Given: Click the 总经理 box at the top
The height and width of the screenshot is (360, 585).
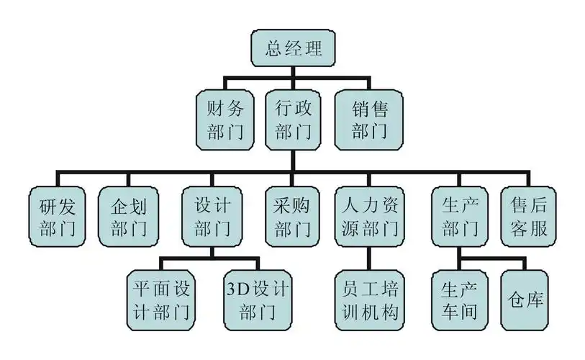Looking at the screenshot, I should tap(291, 49).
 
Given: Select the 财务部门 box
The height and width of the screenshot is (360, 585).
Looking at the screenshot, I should tap(226, 120).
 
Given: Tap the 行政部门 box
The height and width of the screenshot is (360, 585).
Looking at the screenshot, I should tap(291, 120).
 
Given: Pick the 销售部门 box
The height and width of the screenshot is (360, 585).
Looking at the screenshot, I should tap(370, 120).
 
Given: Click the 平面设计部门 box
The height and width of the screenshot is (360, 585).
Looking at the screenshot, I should tap(162, 300).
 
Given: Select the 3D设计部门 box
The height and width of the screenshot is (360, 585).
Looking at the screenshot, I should tap(258, 300).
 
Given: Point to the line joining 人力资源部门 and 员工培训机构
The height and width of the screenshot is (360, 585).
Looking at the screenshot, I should tap(370, 258).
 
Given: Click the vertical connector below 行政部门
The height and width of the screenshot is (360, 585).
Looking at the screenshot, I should tap(291, 160).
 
